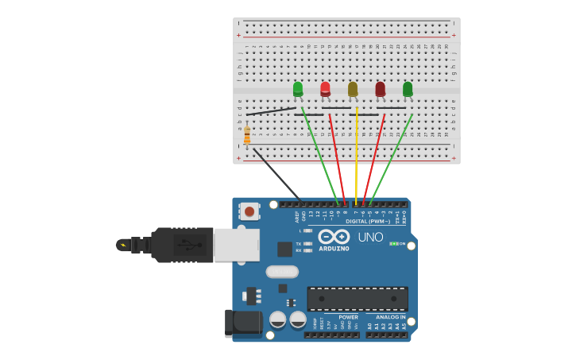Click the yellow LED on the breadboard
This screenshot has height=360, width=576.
[x=353, y=89]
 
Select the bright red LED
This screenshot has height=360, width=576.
[x=325, y=88]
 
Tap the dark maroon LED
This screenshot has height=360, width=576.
[x=380, y=88]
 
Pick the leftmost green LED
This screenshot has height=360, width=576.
[x=298, y=88]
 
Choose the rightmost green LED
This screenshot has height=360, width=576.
[x=408, y=88]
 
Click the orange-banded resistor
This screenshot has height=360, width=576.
[x=247, y=135]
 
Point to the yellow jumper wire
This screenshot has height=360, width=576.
[x=357, y=159]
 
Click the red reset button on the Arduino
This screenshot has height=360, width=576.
[x=249, y=211]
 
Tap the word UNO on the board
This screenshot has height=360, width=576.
[x=370, y=237]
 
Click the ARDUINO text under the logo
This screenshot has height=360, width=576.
[x=334, y=249]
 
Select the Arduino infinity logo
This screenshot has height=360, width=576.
[x=334, y=237]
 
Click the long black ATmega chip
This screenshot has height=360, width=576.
[x=358, y=299]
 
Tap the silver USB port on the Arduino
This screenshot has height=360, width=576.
[x=237, y=245]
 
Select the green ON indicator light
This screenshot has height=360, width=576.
[x=393, y=244]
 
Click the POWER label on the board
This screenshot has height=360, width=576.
[x=348, y=317]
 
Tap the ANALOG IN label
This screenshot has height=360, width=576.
[x=390, y=317]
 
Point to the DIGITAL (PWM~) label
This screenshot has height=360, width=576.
[x=368, y=222]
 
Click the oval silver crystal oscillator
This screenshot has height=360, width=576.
[x=282, y=272]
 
